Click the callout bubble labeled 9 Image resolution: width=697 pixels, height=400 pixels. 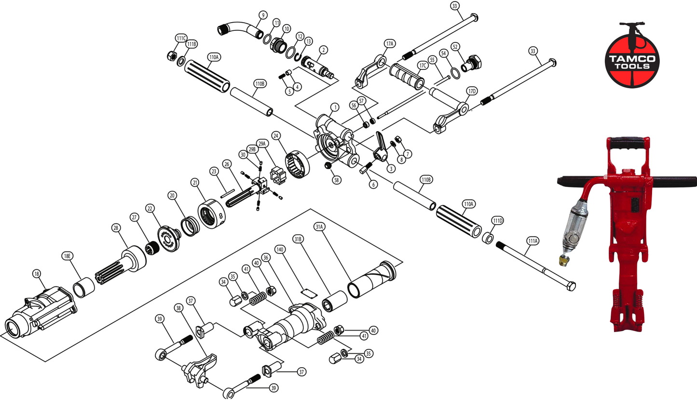click(262, 15)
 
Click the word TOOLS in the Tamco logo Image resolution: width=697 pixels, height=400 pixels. click(632, 66)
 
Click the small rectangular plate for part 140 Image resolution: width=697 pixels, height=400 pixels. click(308, 291)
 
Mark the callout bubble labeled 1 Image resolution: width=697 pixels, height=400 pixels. click(333, 107)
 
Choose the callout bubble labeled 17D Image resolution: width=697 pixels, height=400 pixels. click(471, 91)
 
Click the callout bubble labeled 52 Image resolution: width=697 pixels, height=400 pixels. click(455, 46)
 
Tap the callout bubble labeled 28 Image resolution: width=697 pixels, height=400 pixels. click(115, 227)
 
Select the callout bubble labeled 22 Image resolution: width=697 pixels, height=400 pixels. click(150, 208)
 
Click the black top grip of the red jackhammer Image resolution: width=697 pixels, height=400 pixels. click(628, 143)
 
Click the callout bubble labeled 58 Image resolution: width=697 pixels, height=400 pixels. click(337, 180)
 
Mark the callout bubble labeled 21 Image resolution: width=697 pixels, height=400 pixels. click(195, 183)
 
